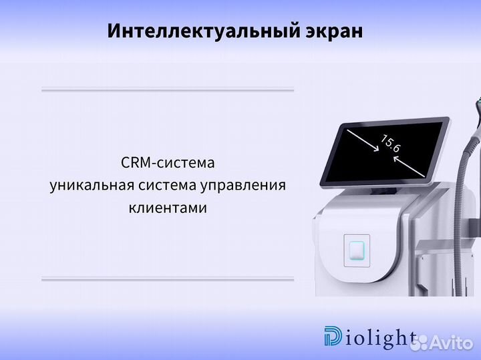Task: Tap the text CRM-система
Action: tap(168, 163)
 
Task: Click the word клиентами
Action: tap(168, 208)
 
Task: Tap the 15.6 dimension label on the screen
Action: tap(390, 143)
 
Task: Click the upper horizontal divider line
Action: tap(168, 89)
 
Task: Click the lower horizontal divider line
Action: tap(168, 278)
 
